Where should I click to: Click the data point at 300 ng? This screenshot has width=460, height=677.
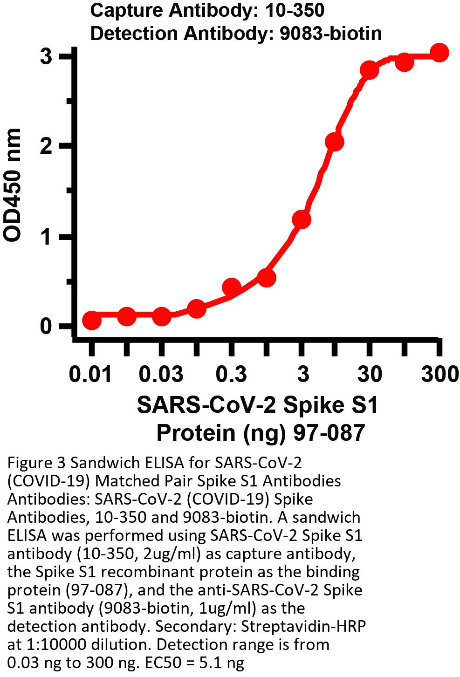pyautogui.click(x=439, y=53)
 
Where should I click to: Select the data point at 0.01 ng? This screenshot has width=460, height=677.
pyautogui.click(x=92, y=320)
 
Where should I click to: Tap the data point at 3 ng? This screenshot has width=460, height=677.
pyautogui.click(x=302, y=219)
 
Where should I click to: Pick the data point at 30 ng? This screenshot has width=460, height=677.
pyautogui.click(x=370, y=70)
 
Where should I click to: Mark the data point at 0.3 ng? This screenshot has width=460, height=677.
pyautogui.click(x=232, y=287)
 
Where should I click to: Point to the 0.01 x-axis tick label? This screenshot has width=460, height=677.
pyautogui.click(x=91, y=374)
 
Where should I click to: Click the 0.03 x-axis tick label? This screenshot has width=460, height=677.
pyautogui.click(x=161, y=374)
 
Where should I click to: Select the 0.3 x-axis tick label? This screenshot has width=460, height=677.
pyautogui.click(x=232, y=374)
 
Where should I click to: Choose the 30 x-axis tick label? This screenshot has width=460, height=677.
pyautogui.click(x=369, y=374)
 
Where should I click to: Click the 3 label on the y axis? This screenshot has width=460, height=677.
pyautogui.click(x=46, y=57)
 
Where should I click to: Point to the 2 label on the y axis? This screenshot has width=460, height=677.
pyautogui.click(x=46, y=146)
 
